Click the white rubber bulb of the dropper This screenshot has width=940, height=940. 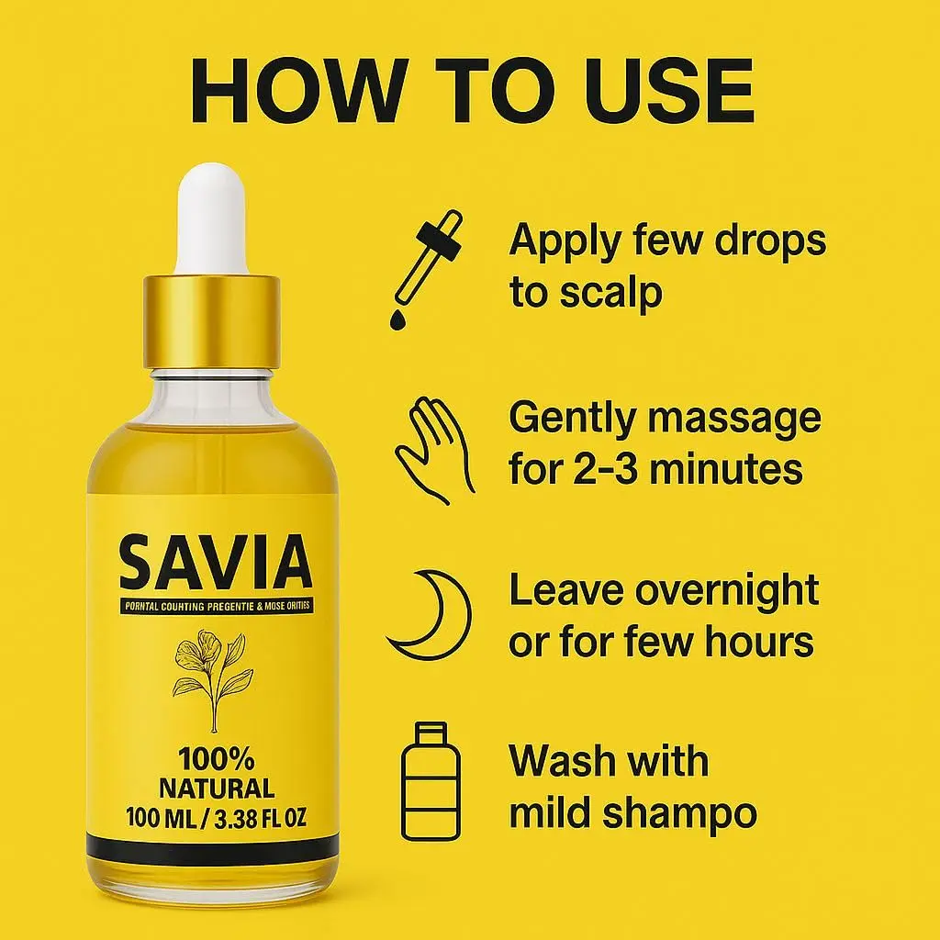pyautogui.click(x=213, y=218)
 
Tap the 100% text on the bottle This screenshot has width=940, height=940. pyautogui.click(x=217, y=759)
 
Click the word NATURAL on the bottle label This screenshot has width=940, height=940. pyautogui.click(x=217, y=788)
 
